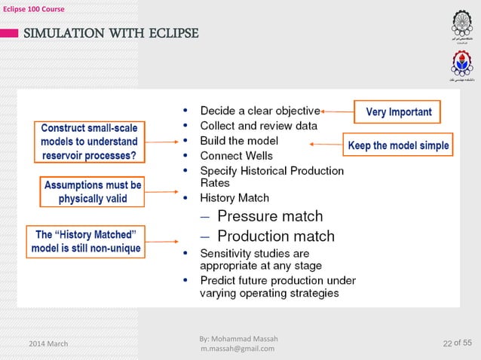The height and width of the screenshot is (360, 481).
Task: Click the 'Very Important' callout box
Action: (399, 113)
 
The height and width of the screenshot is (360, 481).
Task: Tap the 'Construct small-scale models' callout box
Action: (89, 142)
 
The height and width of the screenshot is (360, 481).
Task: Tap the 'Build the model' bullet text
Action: (239, 140)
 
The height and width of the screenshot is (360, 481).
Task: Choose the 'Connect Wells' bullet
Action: (236, 155)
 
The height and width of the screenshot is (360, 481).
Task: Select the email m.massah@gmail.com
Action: (237, 348)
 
